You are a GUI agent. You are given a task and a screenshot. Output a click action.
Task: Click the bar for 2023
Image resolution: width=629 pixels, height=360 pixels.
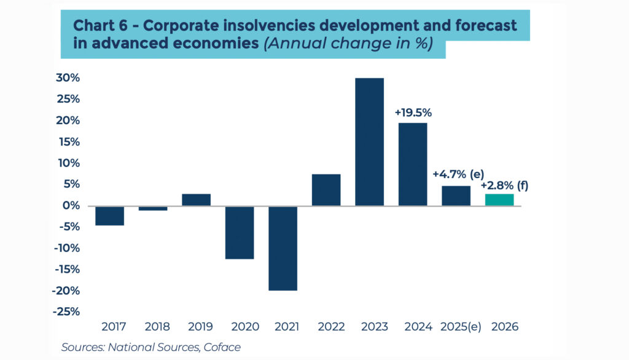(x=369, y=142)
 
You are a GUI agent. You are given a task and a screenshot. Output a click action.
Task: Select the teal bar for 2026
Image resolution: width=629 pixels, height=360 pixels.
(x=499, y=200)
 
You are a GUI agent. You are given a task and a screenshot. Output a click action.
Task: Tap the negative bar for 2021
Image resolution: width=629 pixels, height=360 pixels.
(x=283, y=248)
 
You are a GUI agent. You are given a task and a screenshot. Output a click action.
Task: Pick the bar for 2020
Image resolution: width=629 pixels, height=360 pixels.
(x=240, y=232)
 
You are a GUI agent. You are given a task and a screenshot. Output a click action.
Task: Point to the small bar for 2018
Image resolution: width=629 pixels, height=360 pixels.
(x=153, y=208)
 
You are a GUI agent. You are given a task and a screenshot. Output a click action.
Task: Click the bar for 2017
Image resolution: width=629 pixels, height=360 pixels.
(x=109, y=216)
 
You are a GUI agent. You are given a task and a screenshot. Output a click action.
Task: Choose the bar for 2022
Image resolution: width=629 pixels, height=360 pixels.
(x=326, y=190)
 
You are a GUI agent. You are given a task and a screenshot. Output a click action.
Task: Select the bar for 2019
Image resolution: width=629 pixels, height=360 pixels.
(x=196, y=200)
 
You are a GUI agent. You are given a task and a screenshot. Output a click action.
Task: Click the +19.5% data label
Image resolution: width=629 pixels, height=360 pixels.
(x=413, y=112)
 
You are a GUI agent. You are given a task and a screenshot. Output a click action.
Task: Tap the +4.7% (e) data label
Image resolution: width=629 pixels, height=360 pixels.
(x=455, y=174)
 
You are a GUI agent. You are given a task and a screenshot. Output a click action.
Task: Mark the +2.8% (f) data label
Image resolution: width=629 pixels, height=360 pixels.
(x=504, y=185)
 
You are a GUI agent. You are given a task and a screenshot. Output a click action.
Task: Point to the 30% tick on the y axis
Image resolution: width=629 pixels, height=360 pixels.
(x=68, y=78)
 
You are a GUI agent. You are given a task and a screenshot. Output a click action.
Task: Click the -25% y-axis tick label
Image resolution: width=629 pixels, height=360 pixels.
(x=66, y=311)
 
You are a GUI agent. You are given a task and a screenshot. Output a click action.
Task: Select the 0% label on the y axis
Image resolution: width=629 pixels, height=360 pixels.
(x=71, y=206)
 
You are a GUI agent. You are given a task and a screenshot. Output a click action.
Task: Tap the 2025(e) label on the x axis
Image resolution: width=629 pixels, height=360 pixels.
(x=455, y=327)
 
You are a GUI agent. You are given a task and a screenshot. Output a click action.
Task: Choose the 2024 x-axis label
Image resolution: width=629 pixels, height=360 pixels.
(x=413, y=327)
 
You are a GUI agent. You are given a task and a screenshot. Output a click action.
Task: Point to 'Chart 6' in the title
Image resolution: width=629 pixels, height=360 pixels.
(x=98, y=26)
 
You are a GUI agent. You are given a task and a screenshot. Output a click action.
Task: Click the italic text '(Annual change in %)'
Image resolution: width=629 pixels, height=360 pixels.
(x=348, y=44)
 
